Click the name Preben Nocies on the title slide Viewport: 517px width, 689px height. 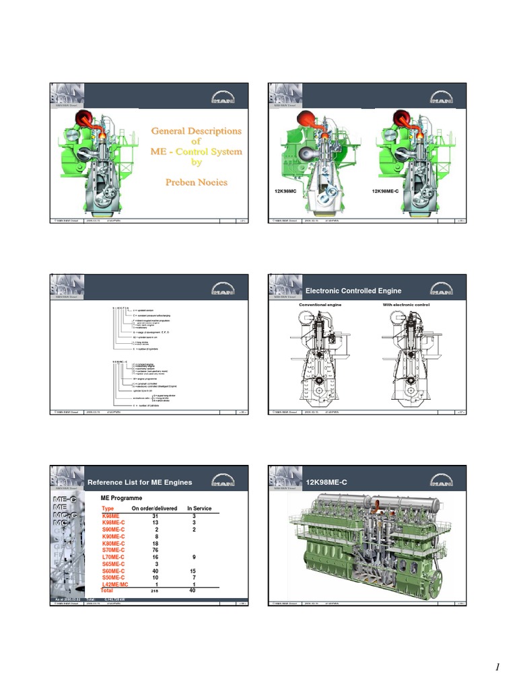[x=197, y=182]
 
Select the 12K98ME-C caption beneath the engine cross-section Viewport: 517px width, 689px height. [x=388, y=192]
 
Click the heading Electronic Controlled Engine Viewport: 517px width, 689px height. [x=353, y=291]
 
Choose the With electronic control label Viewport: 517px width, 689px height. [x=405, y=305]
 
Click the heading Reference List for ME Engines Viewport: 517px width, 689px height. [x=139, y=482]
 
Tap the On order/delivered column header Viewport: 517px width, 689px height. [x=154, y=509]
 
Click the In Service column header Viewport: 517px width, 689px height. [x=199, y=509]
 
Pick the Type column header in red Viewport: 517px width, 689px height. [x=108, y=509]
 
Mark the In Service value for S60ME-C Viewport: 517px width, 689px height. [x=193, y=571]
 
